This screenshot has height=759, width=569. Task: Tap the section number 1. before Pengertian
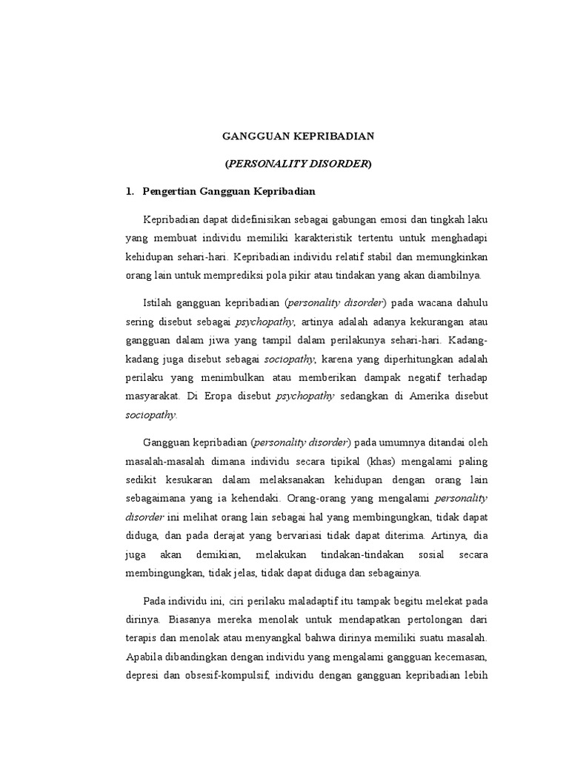[x=131, y=191]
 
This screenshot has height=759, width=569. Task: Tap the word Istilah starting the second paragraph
[x=158, y=303]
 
